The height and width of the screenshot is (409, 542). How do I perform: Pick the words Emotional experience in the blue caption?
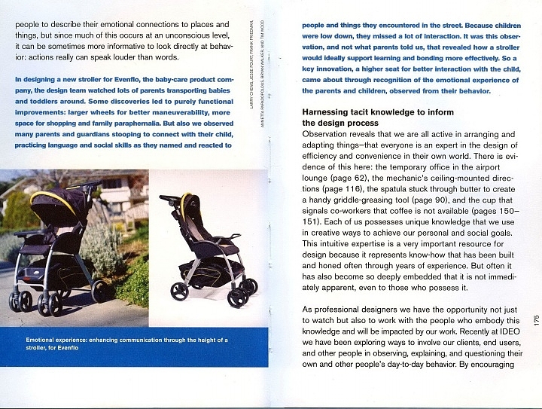pos(59,340)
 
